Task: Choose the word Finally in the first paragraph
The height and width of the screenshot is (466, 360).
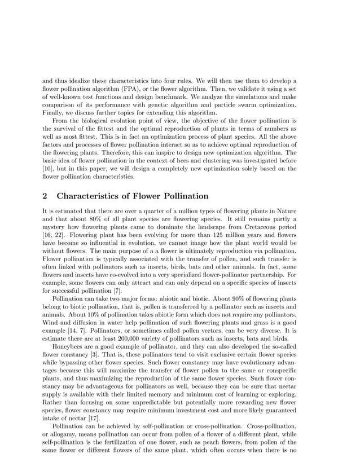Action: click(55, 112)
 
